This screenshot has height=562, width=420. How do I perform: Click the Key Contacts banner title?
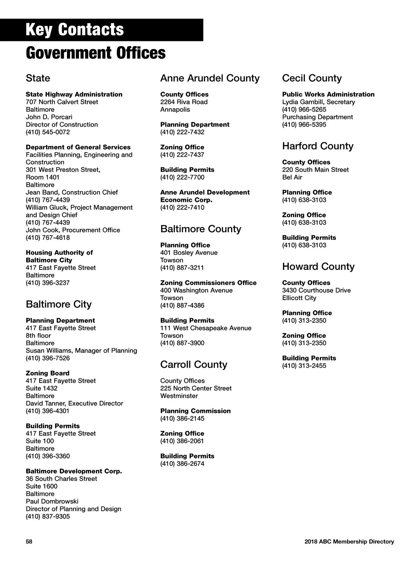[75, 29]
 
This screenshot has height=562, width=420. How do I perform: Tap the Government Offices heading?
[96, 53]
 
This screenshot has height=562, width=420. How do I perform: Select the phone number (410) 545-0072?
[48, 132]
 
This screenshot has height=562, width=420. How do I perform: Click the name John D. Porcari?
[49, 117]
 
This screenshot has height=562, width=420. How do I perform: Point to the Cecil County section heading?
[312, 78]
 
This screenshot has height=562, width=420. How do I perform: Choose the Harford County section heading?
[318, 146]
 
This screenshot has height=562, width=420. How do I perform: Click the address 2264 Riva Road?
[184, 102]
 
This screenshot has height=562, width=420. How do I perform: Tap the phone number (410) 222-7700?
[182, 177]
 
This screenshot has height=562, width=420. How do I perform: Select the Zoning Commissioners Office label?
[208, 283]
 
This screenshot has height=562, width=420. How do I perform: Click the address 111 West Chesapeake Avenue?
[206, 328]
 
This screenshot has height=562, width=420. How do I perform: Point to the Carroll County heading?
[194, 365]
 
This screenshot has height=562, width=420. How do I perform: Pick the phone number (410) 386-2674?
[182, 464]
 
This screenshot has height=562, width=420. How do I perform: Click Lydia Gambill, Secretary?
[318, 102]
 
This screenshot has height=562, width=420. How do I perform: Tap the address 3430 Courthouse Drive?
[316, 290]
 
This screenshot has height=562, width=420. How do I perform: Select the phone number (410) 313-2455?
[304, 366]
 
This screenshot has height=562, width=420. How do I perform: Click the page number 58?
[29, 542]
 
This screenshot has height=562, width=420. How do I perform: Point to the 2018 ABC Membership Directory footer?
[349, 542]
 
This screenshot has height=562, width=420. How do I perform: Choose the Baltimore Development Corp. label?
[74, 471]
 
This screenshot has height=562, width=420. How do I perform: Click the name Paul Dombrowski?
[52, 501]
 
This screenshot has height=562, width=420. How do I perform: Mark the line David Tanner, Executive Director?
[74, 403]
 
